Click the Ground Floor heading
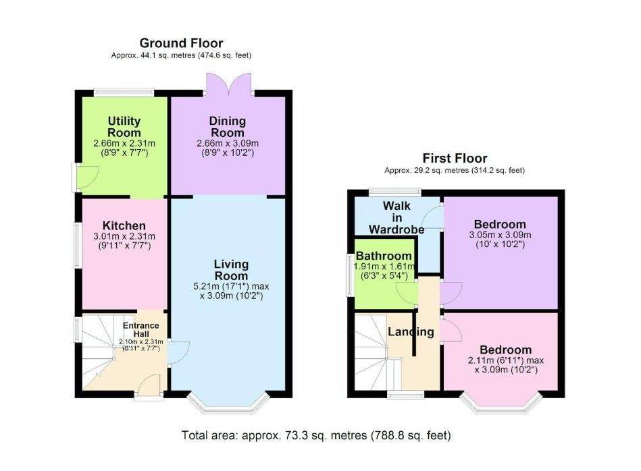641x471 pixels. pos(181,43)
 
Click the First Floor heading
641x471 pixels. pos(455,158)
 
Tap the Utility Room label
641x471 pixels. pos(124,127)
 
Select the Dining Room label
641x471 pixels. pos(228,127)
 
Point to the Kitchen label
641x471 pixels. pos(124,225)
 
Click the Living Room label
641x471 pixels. pos(231,270)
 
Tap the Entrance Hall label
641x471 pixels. pos(141,329)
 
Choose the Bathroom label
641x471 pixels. pos(384,256)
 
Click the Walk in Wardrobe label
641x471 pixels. pos(396,217)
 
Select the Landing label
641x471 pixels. pos(411,332)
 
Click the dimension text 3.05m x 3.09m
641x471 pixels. pos(500,235)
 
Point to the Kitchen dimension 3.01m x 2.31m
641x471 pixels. pos(124,236)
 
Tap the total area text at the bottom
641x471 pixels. pos(316,435)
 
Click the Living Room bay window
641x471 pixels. pos(228,404)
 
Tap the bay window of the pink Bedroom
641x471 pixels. pos(501,404)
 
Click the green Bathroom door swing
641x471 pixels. pos(407,294)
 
